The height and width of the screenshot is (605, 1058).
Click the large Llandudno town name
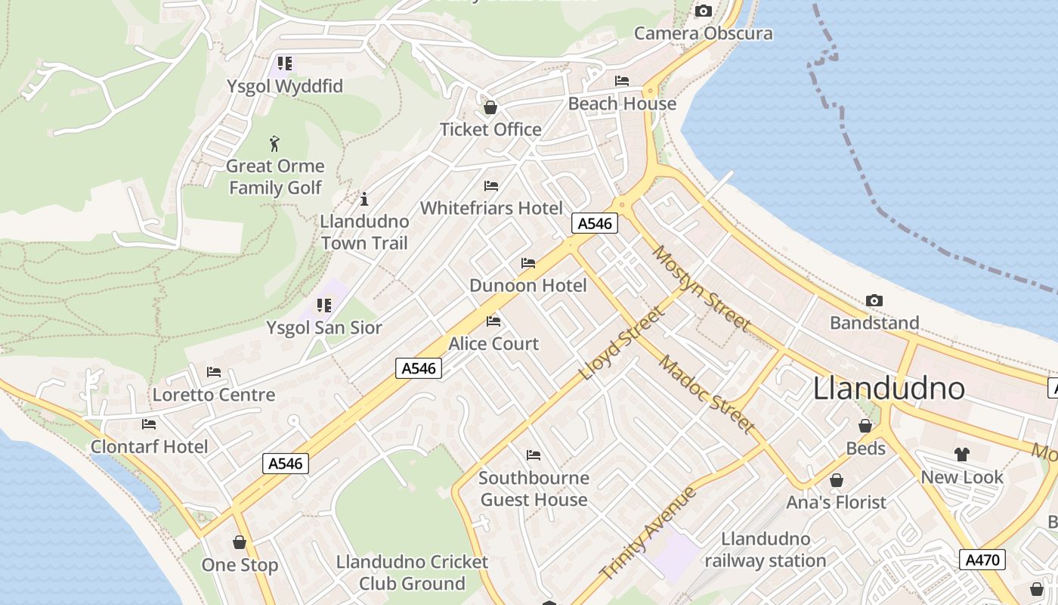pyautogui.click(x=889, y=389)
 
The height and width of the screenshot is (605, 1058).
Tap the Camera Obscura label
pyautogui.click(x=703, y=33)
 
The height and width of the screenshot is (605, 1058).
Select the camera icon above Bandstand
pyautogui.click(x=874, y=300)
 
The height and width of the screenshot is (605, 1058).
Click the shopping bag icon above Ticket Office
pyautogui.click(x=490, y=107)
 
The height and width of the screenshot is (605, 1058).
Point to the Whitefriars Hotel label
pyautogui.click(x=491, y=208)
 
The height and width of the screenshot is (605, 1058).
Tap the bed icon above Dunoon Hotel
pyautogui.click(x=528, y=263)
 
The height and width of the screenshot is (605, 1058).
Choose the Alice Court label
pyautogui.click(x=493, y=344)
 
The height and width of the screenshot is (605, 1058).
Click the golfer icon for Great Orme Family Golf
pyautogui.click(x=274, y=144)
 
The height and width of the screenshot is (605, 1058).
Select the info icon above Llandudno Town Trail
pyautogui.click(x=364, y=199)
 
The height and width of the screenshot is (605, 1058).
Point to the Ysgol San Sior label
pyautogui.click(x=324, y=328)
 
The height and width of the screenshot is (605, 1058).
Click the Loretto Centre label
pyautogui.click(x=214, y=395)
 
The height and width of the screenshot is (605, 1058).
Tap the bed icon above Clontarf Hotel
pyautogui.click(x=149, y=424)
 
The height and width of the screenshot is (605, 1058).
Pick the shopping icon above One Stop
pyautogui.click(x=240, y=542)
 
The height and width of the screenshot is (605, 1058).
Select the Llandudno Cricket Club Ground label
pyautogui.click(x=412, y=572)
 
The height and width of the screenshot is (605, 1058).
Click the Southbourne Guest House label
pyautogui.click(x=534, y=489)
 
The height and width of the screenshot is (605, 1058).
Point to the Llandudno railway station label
pyautogui.click(x=766, y=550)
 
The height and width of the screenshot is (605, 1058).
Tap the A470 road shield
pyautogui.click(x=983, y=560)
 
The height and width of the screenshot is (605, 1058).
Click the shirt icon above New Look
pyautogui.click(x=961, y=455)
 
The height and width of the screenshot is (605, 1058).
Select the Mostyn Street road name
pyautogui.click(x=702, y=289)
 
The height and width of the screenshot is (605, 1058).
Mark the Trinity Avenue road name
pyautogui.click(x=648, y=535)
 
